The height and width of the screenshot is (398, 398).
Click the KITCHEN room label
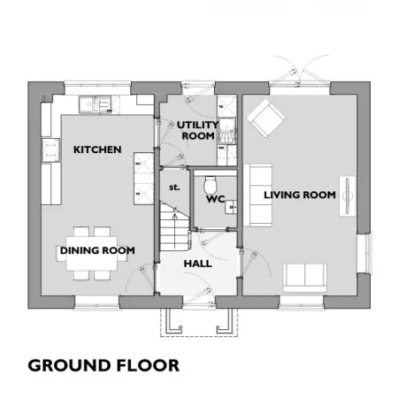[x=97, y=149]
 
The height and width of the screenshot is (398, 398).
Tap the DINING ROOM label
[x=97, y=250]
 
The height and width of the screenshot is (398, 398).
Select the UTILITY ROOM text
[x=198, y=130]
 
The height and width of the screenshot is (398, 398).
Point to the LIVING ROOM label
[x=300, y=195]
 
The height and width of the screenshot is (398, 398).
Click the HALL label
[x=198, y=264]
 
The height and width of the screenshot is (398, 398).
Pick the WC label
[x=216, y=199]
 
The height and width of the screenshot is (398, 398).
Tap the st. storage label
[x=174, y=188]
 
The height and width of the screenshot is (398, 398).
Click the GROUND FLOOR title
[x=103, y=365]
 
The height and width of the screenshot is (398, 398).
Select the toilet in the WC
[x=210, y=184]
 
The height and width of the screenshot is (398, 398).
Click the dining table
[x=92, y=254]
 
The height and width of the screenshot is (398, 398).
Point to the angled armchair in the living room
[x=266, y=119]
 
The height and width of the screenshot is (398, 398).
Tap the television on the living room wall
[x=348, y=195]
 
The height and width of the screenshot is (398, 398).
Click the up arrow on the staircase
[x=175, y=230]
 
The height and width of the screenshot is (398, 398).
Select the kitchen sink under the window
[x=96, y=104]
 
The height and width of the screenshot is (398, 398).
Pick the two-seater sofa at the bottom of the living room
[x=305, y=278]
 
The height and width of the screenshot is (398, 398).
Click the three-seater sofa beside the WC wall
[x=258, y=195]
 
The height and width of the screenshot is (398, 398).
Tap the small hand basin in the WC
[x=231, y=207]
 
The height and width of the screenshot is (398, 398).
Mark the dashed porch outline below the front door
[x=199, y=323]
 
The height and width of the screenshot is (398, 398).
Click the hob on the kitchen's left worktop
[x=51, y=150]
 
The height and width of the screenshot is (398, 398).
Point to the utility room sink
[x=227, y=131]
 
